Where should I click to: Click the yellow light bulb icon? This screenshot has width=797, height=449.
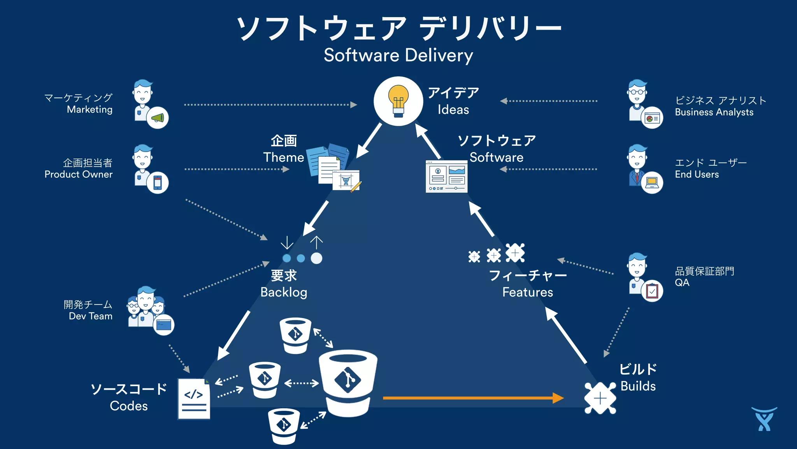click(398, 101)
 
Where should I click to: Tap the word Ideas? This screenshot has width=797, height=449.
click(453, 110)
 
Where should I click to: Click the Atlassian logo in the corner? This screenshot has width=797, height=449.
click(764, 419)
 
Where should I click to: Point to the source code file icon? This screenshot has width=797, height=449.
click(194, 399)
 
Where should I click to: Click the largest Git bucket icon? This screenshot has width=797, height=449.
click(348, 382)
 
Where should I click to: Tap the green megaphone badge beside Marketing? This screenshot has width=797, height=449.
click(158, 118)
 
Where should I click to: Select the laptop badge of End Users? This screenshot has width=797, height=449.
click(652, 182)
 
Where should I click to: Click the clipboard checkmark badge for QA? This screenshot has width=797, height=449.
click(652, 291)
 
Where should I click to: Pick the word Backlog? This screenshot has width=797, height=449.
click(284, 292)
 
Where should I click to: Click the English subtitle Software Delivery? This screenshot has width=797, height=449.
click(398, 55)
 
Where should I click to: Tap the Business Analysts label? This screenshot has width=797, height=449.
click(714, 112)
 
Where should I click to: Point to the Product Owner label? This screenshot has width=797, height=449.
click(78, 174)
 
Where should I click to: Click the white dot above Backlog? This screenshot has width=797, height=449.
click(316, 258)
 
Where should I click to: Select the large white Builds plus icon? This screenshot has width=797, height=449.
click(600, 398)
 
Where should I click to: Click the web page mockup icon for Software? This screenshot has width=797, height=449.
click(446, 177)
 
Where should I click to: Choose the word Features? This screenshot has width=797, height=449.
click(527, 292)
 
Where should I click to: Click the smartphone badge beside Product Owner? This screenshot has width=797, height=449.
click(158, 182)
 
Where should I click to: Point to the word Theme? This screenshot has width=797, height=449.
click(283, 157)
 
